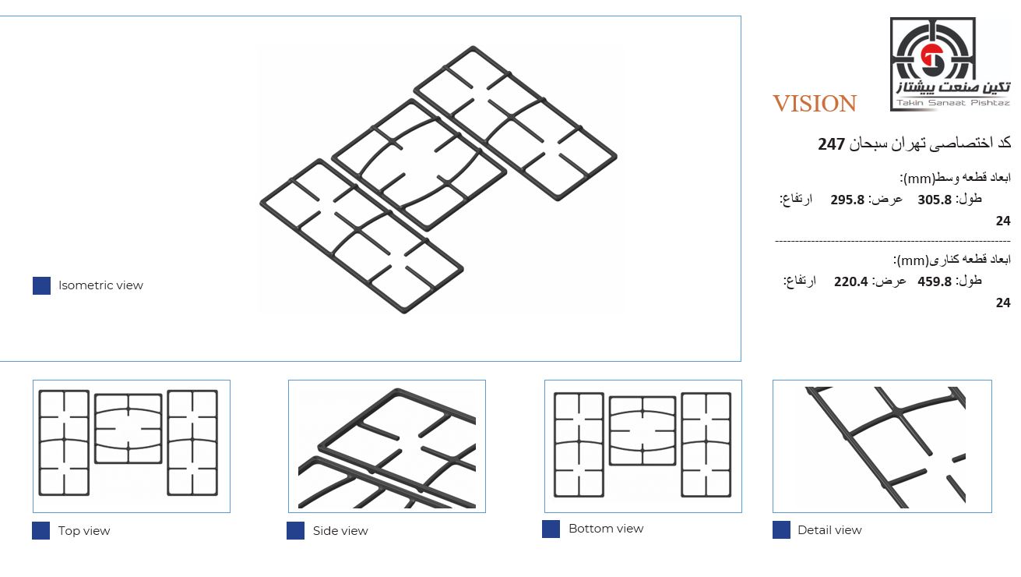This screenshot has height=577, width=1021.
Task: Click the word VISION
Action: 815,104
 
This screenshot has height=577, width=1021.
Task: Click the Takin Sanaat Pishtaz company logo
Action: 950,64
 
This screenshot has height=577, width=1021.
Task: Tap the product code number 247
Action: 832,144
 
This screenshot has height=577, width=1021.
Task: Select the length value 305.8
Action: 935,200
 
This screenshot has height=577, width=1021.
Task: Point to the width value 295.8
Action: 847,200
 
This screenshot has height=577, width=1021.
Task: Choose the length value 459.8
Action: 935,281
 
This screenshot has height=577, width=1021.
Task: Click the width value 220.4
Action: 851,281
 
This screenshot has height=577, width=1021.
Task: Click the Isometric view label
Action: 100,285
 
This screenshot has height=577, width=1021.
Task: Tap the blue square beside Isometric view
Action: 41,285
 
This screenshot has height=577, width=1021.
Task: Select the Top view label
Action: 84,531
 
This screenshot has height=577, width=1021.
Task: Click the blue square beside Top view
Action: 41,531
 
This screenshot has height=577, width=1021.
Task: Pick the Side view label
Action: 340,531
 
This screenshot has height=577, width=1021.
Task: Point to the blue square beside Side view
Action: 295,531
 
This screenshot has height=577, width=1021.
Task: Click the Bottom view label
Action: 606,529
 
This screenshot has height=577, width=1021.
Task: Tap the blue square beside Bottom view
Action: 551,529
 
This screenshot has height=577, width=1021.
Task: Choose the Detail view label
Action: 829,530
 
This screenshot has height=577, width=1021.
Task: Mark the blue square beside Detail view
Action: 781,530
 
